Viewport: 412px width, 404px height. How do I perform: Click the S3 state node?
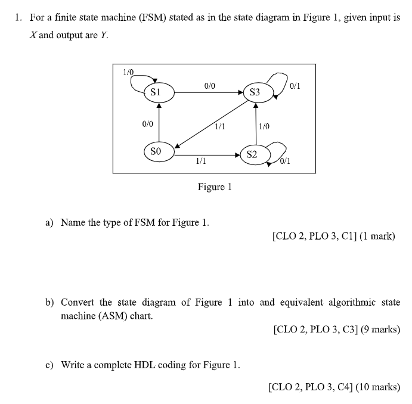click(x=255, y=92)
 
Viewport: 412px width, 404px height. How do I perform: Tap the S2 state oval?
click(x=252, y=154)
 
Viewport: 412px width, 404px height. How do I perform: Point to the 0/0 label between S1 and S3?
click(x=210, y=86)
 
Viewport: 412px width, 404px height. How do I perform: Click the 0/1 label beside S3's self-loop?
click(x=295, y=85)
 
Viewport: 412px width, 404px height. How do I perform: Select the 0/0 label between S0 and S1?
click(x=147, y=124)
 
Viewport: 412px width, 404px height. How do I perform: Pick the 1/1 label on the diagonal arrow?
click(x=219, y=126)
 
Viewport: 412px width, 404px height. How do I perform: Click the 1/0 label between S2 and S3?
click(x=264, y=126)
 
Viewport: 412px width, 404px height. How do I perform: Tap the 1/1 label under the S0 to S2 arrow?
click(x=201, y=161)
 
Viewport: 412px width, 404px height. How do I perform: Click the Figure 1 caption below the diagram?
click(x=215, y=187)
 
